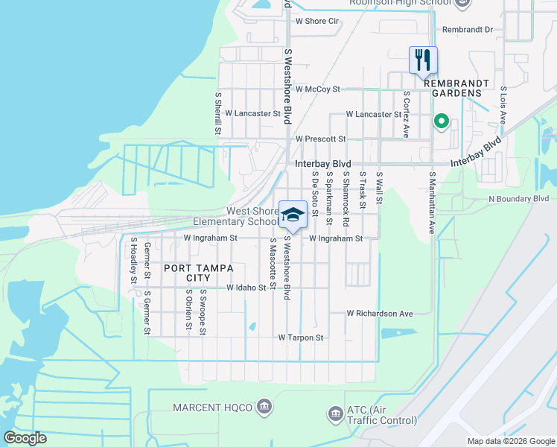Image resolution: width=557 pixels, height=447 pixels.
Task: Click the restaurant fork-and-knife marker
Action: (x=423, y=60)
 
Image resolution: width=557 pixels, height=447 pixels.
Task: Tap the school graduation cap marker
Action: (x=293, y=215)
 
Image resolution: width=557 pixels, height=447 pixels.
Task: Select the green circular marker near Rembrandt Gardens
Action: (x=441, y=121)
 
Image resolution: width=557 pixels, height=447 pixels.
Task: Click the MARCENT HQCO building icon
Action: (x=264, y=406)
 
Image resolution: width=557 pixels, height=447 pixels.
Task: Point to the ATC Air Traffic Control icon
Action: (x=334, y=412)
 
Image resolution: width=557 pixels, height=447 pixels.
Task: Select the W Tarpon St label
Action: (x=301, y=337)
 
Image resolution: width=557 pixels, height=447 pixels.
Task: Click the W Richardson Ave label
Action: (x=379, y=314)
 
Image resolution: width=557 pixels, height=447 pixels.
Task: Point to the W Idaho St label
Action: (x=246, y=287)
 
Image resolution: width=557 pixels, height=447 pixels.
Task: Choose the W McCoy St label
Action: (x=317, y=89)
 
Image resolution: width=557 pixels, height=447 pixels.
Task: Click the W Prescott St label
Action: (x=320, y=139)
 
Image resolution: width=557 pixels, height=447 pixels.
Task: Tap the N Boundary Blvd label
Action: (x=518, y=199)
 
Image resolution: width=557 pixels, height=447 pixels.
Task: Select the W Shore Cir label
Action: (x=317, y=21)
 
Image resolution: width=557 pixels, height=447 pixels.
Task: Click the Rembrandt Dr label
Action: (x=468, y=30)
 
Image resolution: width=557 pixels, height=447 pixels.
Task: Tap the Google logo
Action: (x=25, y=437)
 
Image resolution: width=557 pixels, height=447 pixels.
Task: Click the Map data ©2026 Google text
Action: (x=510, y=441)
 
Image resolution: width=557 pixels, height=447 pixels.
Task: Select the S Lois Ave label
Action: (x=503, y=98)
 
